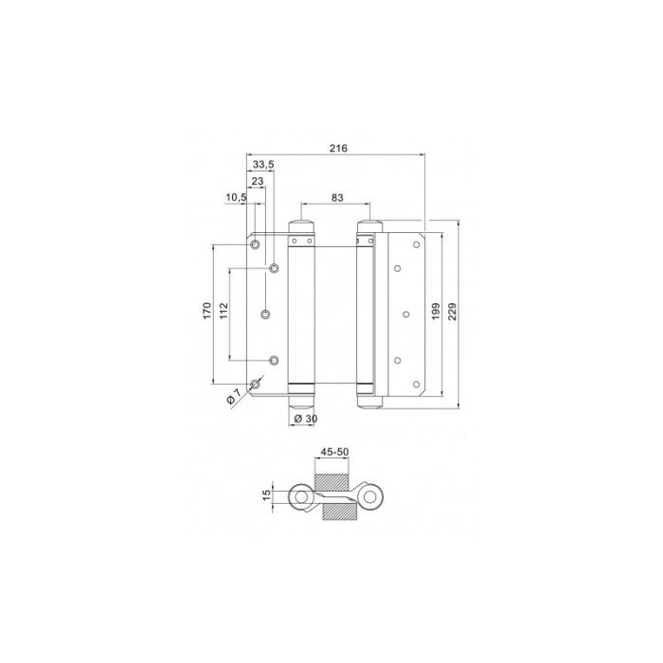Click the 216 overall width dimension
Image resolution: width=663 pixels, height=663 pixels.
(x=338, y=148)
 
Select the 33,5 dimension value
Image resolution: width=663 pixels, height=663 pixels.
(x=263, y=165)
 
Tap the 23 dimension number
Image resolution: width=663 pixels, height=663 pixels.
(x=258, y=181)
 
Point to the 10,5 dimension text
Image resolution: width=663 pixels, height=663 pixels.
(x=236, y=197)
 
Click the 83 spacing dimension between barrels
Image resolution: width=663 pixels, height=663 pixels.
(x=337, y=197)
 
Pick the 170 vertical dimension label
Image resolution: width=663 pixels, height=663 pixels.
(x=206, y=311)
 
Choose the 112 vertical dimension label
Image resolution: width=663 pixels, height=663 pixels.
(x=224, y=311)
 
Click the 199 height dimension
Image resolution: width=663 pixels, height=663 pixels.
(x=436, y=311)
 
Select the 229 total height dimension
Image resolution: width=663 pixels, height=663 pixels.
(x=452, y=311)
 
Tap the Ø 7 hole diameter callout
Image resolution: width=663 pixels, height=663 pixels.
(x=233, y=396)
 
